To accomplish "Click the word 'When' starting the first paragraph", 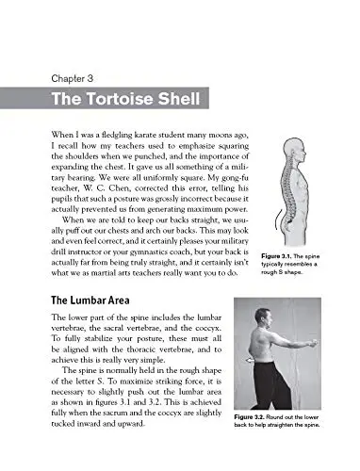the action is click(x=61, y=138).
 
